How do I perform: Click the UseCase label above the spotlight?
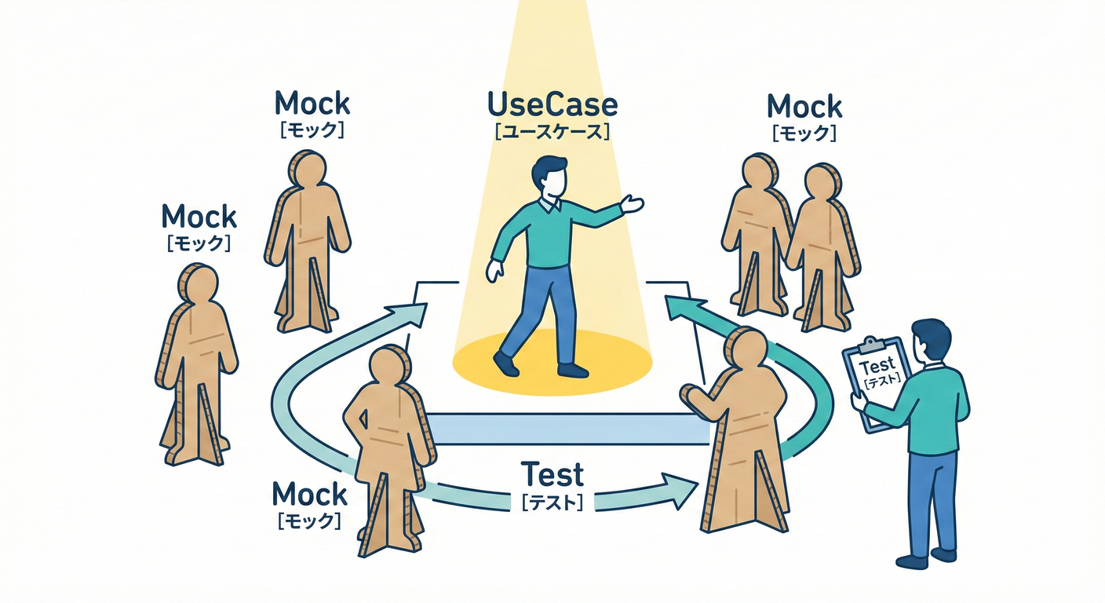pyautogui.click(x=552, y=105)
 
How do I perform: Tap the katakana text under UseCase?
pyautogui.click(x=552, y=131)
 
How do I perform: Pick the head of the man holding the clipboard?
pyautogui.click(x=931, y=339)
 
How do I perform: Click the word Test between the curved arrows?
pyautogui.click(x=552, y=475)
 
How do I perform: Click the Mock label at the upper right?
pyautogui.click(x=804, y=107)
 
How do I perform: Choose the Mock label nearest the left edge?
pyautogui.click(x=199, y=217)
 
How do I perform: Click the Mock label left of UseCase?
pyautogui.click(x=312, y=103)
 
